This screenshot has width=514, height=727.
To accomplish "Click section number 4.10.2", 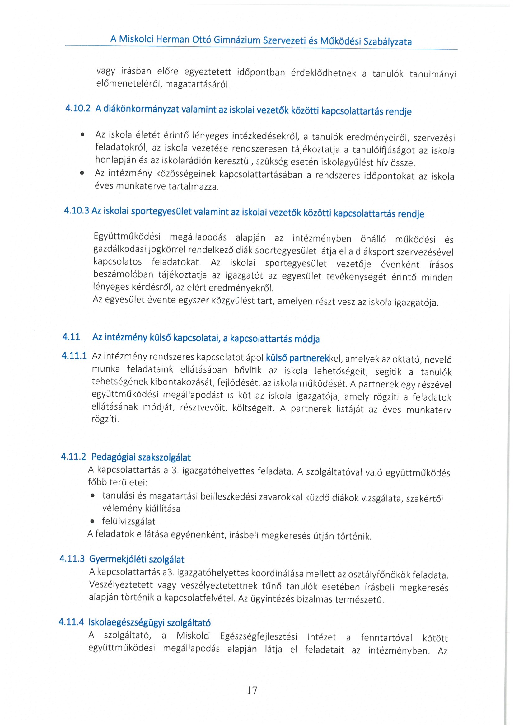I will tap(78, 108).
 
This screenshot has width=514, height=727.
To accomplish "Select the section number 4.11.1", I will tap(74, 356).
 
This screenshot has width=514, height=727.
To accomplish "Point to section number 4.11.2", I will tap(73, 457).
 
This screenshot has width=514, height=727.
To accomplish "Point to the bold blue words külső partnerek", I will tap(297, 358).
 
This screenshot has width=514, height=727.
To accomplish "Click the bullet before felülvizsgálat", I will tap(92, 522).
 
